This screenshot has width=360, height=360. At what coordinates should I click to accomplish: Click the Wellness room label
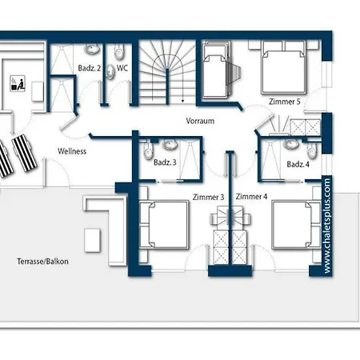(72, 151)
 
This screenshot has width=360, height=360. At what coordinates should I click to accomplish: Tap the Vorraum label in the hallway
(200, 121)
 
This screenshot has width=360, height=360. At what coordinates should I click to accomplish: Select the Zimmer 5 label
(285, 102)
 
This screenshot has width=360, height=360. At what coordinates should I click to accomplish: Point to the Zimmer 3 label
(208, 197)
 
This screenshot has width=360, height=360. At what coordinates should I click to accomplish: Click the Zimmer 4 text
(251, 197)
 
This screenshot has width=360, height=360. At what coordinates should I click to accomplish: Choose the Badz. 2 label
(90, 68)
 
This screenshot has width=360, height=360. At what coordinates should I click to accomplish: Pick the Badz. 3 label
(165, 162)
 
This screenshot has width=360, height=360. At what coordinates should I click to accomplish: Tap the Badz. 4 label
(298, 164)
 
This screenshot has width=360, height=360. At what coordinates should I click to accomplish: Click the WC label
(122, 68)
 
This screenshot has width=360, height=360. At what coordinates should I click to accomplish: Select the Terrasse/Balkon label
(42, 261)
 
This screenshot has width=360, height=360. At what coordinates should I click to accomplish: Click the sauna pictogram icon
(18, 83)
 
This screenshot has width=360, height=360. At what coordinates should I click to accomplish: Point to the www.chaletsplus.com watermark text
(327, 226)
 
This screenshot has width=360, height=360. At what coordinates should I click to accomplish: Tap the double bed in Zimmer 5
(283, 67)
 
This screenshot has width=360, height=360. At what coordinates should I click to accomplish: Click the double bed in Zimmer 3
(164, 225)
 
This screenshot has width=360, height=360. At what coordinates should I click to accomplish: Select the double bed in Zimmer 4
(296, 225)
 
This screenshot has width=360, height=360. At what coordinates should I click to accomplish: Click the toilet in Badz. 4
(312, 151)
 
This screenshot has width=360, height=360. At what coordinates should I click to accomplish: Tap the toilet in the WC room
(119, 52)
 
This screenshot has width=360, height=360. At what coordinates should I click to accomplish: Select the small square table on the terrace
(92, 240)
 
